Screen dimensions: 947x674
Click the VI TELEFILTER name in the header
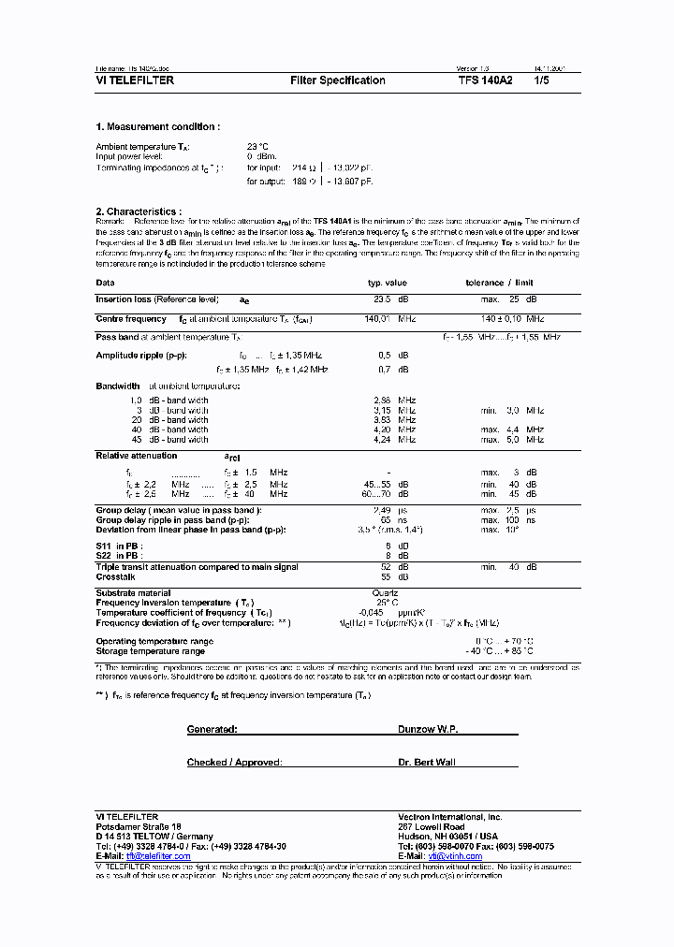[x=135, y=80]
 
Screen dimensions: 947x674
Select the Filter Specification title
[x=338, y=80]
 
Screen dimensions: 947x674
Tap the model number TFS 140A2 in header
[x=485, y=80]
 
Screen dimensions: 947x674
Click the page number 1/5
[x=542, y=80]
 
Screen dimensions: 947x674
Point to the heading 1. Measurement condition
[x=157, y=126]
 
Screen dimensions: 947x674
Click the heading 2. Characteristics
[x=139, y=211]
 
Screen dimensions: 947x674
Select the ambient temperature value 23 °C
[x=257, y=147]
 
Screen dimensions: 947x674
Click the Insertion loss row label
[x=156, y=299]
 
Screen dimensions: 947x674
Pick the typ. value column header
[x=387, y=282]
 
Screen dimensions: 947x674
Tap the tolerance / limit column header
[x=499, y=282]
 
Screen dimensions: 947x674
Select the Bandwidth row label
[x=118, y=386]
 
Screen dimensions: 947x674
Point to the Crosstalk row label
[x=116, y=577]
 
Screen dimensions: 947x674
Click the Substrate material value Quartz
[x=385, y=592]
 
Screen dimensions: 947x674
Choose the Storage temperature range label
[x=150, y=650]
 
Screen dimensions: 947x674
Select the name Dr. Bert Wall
[x=426, y=763]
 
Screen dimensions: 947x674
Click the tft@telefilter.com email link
[x=158, y=856]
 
